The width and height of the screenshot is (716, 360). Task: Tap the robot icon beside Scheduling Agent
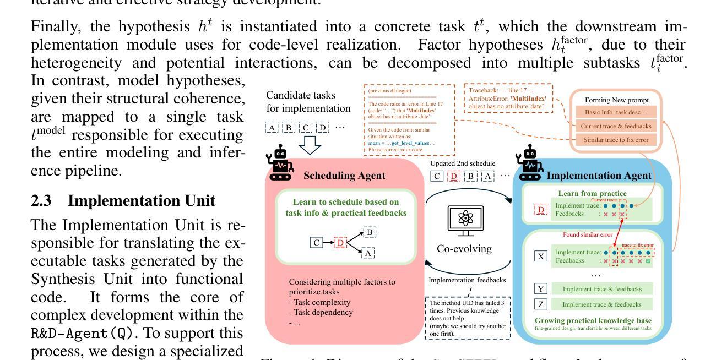click(279, 163)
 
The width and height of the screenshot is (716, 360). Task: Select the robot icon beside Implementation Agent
click(529, 163)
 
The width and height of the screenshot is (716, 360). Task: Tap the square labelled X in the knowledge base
click(540, 257)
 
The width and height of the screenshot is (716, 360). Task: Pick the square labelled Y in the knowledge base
click(540, 288)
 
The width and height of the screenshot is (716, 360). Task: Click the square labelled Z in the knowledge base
click(540, 304)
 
